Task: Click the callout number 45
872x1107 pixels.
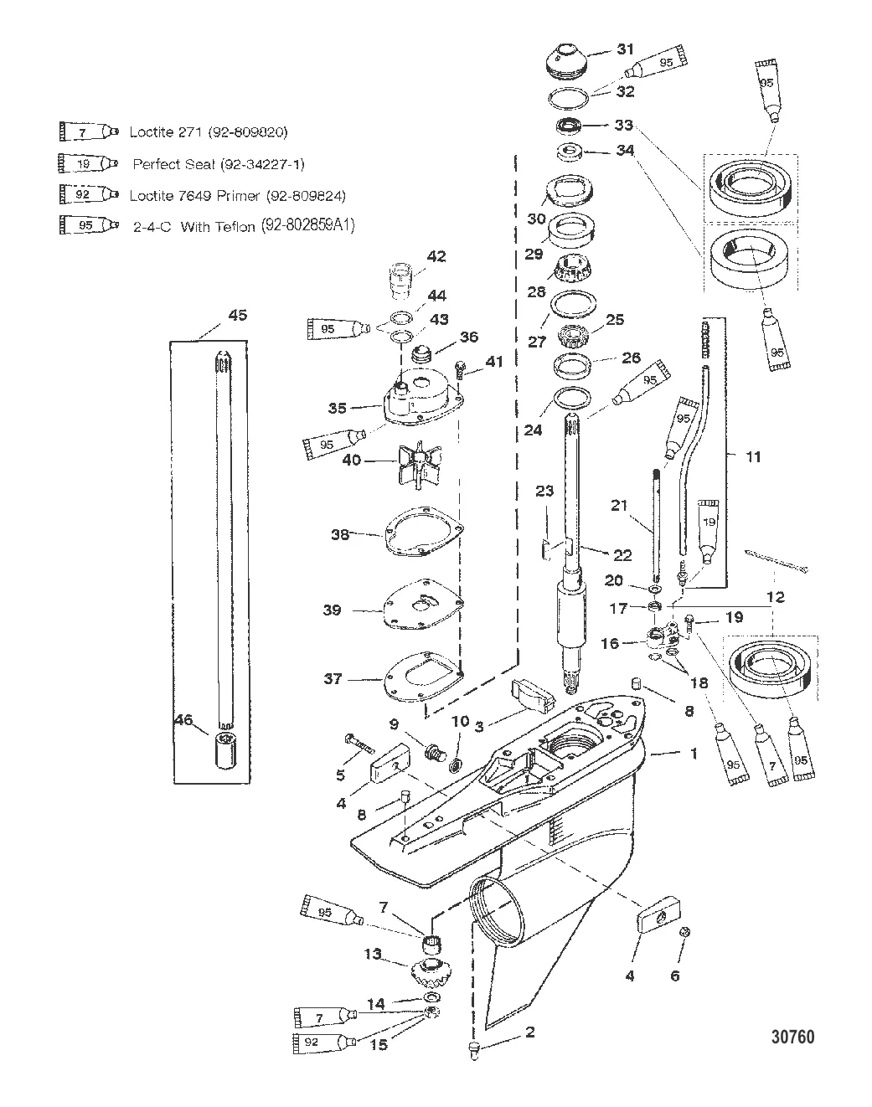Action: coord(238,316)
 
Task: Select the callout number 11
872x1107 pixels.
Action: coord(753,457)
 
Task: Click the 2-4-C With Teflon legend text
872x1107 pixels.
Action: coord(243,226)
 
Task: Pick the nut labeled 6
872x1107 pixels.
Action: coord(684,933)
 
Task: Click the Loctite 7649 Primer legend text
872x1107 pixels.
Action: coord(237,195)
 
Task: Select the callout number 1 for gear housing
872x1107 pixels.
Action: coord(693,754)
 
